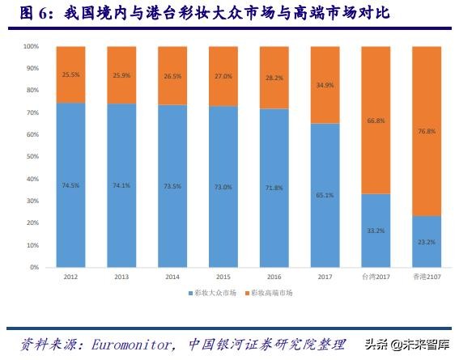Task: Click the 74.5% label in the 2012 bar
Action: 70,184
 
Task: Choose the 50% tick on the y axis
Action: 32,156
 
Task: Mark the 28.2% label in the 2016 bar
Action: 274,78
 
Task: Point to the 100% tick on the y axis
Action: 30,46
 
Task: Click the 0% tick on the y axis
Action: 33,266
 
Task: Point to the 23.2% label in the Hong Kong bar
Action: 427,241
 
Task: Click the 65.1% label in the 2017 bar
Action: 325,195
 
